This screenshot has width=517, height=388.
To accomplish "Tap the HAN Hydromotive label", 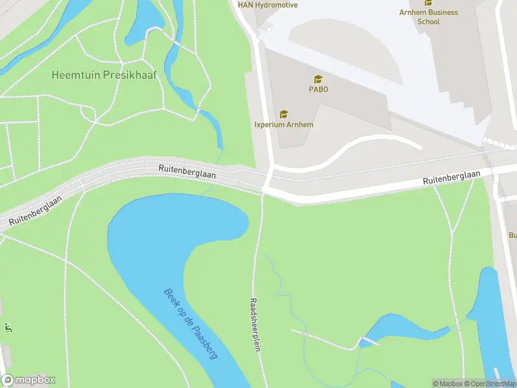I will (268, 5).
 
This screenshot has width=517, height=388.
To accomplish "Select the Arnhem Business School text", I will (428, 17).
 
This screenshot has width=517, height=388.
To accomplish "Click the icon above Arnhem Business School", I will (428, 3).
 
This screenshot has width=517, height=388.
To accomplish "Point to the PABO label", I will (318, 89).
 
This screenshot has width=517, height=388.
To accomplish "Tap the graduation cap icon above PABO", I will (318, 79).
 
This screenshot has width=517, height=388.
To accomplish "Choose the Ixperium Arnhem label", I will (284, 124).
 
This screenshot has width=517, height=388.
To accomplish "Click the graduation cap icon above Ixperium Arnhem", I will (284, 114).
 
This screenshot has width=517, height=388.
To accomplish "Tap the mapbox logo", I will (28, 380).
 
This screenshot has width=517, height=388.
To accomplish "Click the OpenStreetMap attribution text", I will (489, 383).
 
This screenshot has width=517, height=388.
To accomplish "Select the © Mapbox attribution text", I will (447, 383).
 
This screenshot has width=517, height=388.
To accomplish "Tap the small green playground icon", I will (8, 327).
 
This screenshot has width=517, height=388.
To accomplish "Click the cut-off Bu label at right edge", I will (512, 235).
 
